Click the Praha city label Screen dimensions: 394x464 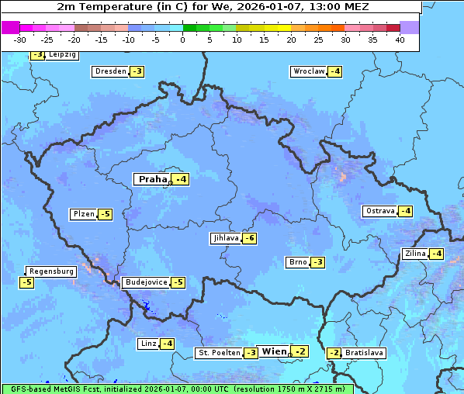tap(152, 179)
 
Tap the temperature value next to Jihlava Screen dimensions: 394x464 tap(250, 238)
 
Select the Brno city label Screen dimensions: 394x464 tap(297, 262)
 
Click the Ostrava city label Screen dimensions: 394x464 tap(379, 211)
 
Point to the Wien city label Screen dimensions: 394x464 tap(274, 351)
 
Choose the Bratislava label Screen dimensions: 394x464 tap(364, 353)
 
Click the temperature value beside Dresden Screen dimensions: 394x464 tap(137, 71)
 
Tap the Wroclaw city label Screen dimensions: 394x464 tap(308, 71)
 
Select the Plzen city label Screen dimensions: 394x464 tap(82, 214)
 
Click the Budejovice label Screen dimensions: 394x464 tap(145, 282)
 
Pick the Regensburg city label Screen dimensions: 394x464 tap(51, 271)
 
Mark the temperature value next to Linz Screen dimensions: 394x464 tap(167, 344)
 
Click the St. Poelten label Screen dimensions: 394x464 tap(218, 353)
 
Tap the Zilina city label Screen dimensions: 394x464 tap(414, 254)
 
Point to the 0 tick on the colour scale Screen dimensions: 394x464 tap(183, 39)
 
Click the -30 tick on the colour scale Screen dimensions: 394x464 tap(20, 39)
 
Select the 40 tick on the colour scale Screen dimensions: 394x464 tap(400, 39)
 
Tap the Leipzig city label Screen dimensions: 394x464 tap(62, 54)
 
